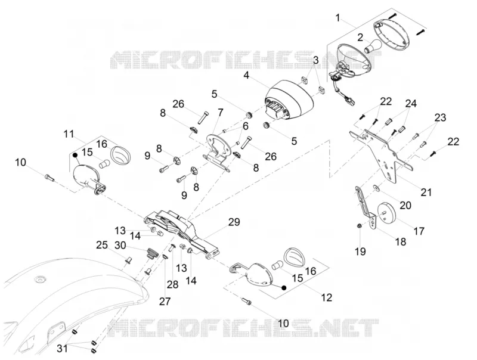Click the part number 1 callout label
click(337, 18)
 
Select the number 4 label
click(246, 75)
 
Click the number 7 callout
click(220, 113)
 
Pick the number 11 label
click(69, 134)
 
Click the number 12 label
click(326, 297)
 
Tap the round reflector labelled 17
click(386, 212)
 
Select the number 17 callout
click(419, 231)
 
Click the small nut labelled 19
click(360, 226)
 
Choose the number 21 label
click(426, 192)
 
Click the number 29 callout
click(234, 222)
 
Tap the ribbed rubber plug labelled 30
click(152, 253)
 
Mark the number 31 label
click(63, 349)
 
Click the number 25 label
click(102, 245)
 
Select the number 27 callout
click(165, 302)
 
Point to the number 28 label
click(172, 284)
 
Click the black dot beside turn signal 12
click(284, 288)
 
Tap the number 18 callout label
click(401, 242)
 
